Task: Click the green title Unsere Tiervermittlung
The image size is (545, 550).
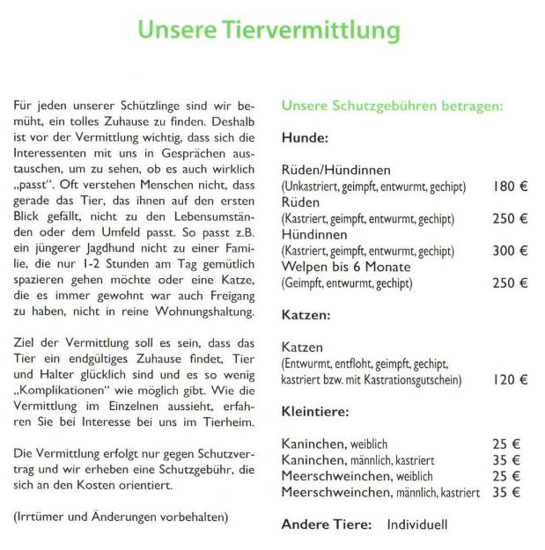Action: tap(269, 31)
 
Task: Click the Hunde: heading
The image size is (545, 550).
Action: tap(306, 138)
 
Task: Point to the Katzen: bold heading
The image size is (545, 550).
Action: tap(306, 314)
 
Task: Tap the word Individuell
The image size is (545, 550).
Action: tap(417, 524)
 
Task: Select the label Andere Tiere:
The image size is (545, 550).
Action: tap(327, 524)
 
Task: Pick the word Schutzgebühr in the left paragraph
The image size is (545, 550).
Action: tap(196, 469)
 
